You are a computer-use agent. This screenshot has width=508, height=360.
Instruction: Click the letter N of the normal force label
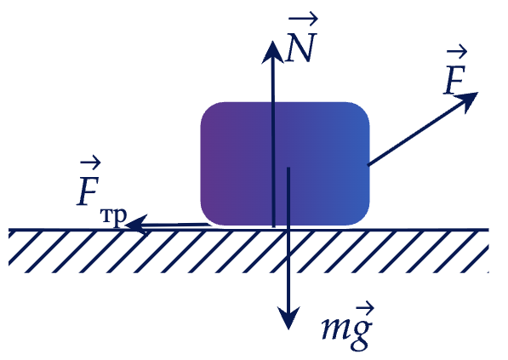(300, 48)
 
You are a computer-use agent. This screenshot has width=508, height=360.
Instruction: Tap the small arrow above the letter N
(303, 19)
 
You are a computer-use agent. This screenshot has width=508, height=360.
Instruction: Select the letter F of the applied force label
(455, 80)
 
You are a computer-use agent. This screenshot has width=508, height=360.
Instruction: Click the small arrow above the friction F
(91, 162)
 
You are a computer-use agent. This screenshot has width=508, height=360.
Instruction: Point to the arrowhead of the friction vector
(136, 224)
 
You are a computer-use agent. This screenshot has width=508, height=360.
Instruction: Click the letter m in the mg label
(334, 328)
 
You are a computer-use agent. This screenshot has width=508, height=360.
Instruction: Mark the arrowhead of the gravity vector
(288, 318)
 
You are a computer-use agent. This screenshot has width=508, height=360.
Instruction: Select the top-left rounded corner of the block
(208, 109)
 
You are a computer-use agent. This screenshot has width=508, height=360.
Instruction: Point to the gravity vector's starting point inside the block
(288, 168)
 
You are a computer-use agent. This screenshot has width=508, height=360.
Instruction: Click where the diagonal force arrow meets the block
(368, 165)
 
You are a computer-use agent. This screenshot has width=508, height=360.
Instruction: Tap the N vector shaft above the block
(273, 83)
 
